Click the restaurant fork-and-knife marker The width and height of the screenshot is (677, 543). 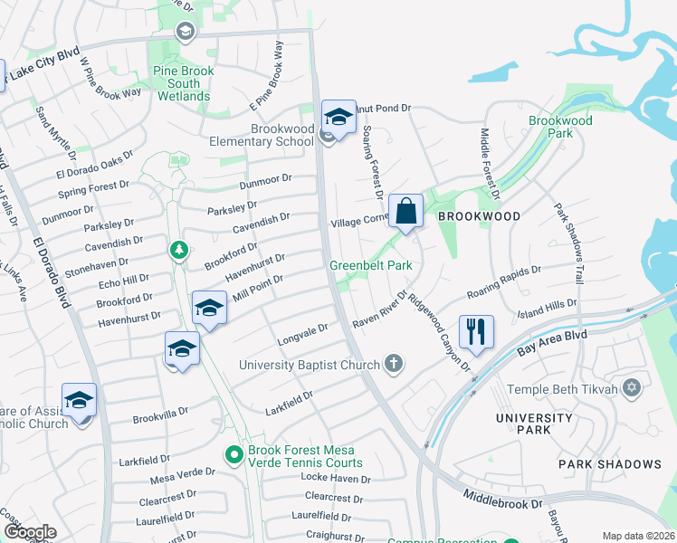click(475, 331)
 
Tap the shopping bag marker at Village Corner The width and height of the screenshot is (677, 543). click(406, 212)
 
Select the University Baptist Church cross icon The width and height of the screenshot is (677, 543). click(393, 364)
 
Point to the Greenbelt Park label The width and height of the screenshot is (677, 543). click(370, 265)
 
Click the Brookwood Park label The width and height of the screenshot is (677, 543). click(560, 127)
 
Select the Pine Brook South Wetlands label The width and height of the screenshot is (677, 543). click(185, 83)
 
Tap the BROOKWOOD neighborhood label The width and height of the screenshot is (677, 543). click(479, 217)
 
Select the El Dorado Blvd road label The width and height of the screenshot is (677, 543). click(52, 272)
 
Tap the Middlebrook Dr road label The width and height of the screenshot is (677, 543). click(501, 499)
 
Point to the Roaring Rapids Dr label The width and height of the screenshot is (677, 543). click(503, 282)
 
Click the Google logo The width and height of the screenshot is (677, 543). click(30, 532)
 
